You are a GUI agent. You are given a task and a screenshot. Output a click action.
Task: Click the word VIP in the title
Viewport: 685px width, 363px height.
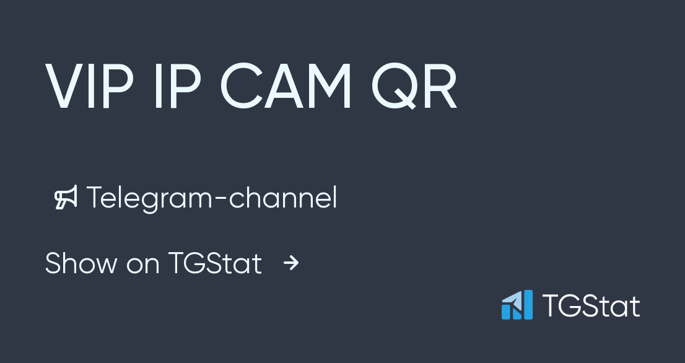point(89,87)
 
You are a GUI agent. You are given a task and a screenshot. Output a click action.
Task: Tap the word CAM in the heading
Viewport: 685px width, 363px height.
point(286,87)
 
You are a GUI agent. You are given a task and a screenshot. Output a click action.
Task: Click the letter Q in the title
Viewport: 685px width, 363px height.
point(395,88)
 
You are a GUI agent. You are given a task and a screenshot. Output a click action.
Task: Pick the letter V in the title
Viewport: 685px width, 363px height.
point(64,87)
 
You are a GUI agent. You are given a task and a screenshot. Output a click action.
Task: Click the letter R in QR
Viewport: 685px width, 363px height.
point(440,87)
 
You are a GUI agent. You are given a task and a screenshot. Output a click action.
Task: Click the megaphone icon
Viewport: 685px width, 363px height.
point(66,198)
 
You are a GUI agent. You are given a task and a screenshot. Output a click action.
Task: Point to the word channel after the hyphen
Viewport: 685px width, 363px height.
point(283,198)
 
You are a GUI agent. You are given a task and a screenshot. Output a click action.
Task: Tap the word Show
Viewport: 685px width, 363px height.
point(81,263)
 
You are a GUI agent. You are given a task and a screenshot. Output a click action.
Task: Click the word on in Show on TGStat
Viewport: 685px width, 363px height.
point(142,265)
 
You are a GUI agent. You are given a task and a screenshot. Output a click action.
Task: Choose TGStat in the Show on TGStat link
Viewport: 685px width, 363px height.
point(215,263)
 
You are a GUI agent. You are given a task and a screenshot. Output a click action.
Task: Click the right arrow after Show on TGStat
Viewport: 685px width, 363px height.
point(291,264)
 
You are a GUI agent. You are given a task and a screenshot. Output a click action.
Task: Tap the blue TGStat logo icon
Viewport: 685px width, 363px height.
point(517,305)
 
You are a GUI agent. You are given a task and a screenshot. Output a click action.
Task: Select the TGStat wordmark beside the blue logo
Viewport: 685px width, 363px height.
point(591,305)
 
